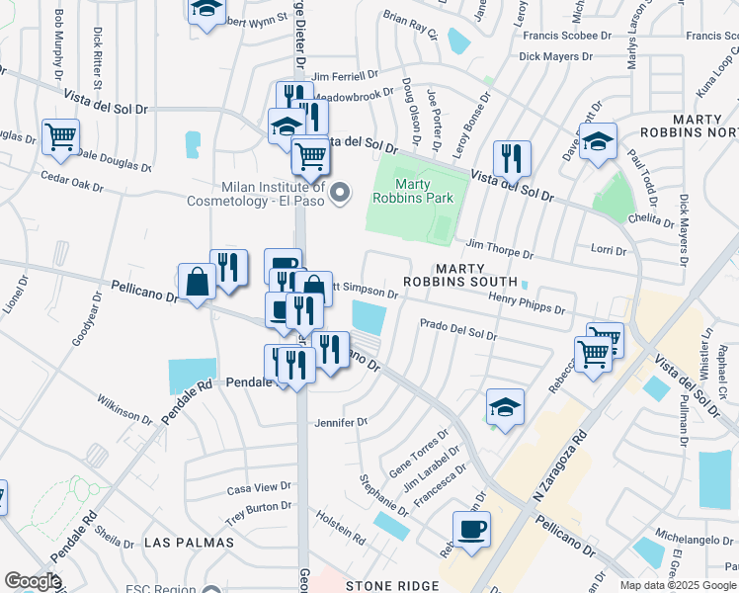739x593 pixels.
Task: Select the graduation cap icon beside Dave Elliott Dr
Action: point(598,142)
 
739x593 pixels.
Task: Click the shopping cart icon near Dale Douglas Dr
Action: point(61,136)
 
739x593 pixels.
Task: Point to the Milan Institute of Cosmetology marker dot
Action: point(341,192)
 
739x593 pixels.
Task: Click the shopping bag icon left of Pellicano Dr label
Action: point(197,282)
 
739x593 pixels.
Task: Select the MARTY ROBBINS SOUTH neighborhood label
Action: point(463,282)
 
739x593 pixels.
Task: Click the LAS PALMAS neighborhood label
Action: point(189,543)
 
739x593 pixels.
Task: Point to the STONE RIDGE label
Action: point(391,586)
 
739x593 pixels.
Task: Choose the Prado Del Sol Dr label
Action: point(457,329)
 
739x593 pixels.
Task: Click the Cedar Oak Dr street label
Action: point(71,182)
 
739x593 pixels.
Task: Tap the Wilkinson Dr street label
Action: point(124,409)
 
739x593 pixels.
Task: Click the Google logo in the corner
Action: point(33,580)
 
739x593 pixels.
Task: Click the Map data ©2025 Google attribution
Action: point(678,585)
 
